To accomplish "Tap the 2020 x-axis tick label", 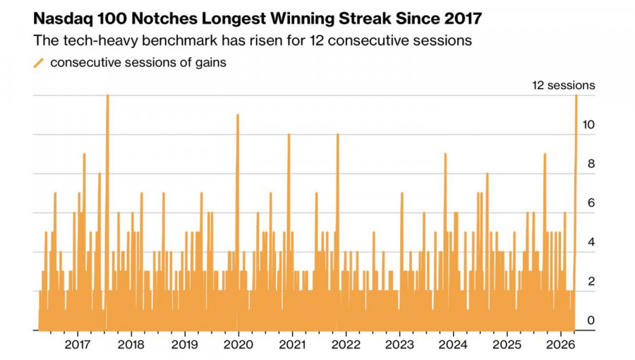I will pyautogui.click(x=238, y=345).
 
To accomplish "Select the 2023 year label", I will pyautogui.click(x=399, y=345).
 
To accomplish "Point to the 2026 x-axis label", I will pyautogui.click(x=561, y=345).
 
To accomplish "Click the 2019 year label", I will pyautogui.click(x=184, y=345).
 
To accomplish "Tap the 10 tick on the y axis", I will pyautogui.click(x=588, y=125).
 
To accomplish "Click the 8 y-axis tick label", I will pyautogui.click(x=591, y=164).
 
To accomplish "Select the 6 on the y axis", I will pyautogui.click(x=591, y=203).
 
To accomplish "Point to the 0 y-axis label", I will pyautogui.click(x=591, y=320).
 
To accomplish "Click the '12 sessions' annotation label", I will pyautogui.click(x=563, y=85).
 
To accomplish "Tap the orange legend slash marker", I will pyautogui.click(x=39, y=62).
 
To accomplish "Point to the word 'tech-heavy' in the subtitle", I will pyautogui.click(x=95, y=40).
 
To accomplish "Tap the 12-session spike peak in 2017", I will pyautogui.click(x=107, y=95).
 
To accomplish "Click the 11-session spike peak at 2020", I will pyautogui.click(x=238, y=115).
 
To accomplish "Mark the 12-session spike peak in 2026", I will pyautogui.click(x=576, y=95).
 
